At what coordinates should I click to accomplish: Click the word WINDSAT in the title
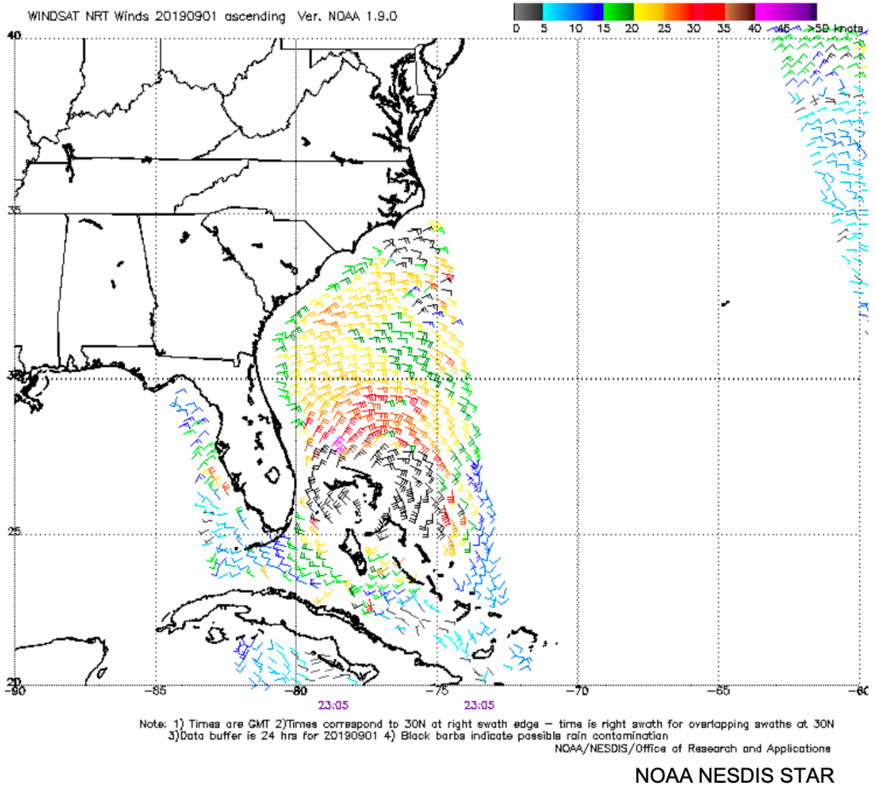pos(54,17)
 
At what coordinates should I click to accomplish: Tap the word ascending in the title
pos(255,17)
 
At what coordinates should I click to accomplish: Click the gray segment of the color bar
pos(528,12)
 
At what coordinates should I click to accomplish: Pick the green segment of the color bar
pos(618,12)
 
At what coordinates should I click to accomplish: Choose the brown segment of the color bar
pos(740,12)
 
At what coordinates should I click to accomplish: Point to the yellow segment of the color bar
pos(648,12)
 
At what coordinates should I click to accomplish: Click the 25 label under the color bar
pos(664,28)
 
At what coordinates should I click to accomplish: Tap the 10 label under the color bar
pos(575,28)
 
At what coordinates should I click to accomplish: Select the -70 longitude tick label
pos(578,690)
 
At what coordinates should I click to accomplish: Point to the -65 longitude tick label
pos(719,690)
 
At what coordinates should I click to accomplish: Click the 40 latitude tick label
pos(14,35)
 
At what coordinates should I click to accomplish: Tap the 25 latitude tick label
pos(14,531)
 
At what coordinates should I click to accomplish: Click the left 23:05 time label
pos(333,705)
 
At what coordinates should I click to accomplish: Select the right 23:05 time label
pos(479,705)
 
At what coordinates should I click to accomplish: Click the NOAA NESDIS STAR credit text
pos(734,775)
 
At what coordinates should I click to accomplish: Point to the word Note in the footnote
pos(151,724)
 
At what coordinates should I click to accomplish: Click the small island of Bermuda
pos(725,303)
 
